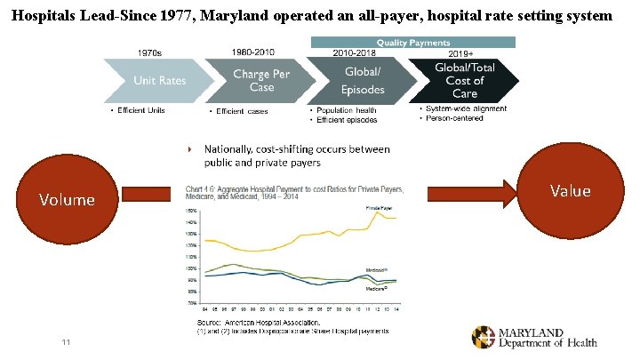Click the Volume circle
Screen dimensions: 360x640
[66, 199]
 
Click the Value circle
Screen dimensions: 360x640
[571, 190]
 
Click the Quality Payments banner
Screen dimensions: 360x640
[412, 42]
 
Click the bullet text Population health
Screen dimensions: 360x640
[350, 111]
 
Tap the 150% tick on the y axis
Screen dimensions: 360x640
[192, 210]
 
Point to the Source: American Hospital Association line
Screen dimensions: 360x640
[258, 322]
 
